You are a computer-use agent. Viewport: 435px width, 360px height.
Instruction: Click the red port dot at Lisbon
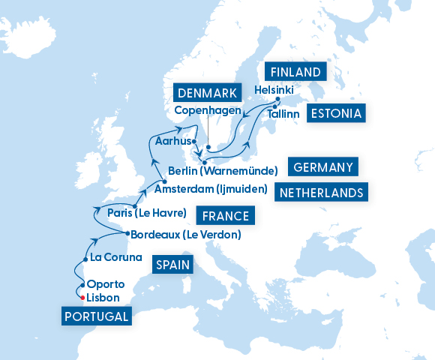(x=82, y=298)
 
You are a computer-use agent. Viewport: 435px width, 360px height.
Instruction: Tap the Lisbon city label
(x=103, y=298)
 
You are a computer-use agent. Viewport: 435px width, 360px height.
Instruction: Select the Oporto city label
(x=106, y=284)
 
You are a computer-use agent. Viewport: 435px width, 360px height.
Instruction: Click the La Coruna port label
(x=115, y=257)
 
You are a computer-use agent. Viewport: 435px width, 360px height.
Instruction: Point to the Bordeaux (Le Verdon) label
(x=185, y=235)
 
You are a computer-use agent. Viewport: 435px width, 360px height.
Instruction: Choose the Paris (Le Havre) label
(x=146, y=213)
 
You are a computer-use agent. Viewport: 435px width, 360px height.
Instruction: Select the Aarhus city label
(x=172, y=141)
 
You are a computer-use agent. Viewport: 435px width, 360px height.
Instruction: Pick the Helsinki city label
(x=274, y=89)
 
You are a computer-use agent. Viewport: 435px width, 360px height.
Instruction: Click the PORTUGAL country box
(x=97, y=316)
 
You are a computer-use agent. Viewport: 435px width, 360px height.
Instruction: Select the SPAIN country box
(x=172, y=265)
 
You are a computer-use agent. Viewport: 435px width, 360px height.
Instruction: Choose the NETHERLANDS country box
(x=321, y=193)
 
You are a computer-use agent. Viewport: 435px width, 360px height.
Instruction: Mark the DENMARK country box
(x=208, y=94)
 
